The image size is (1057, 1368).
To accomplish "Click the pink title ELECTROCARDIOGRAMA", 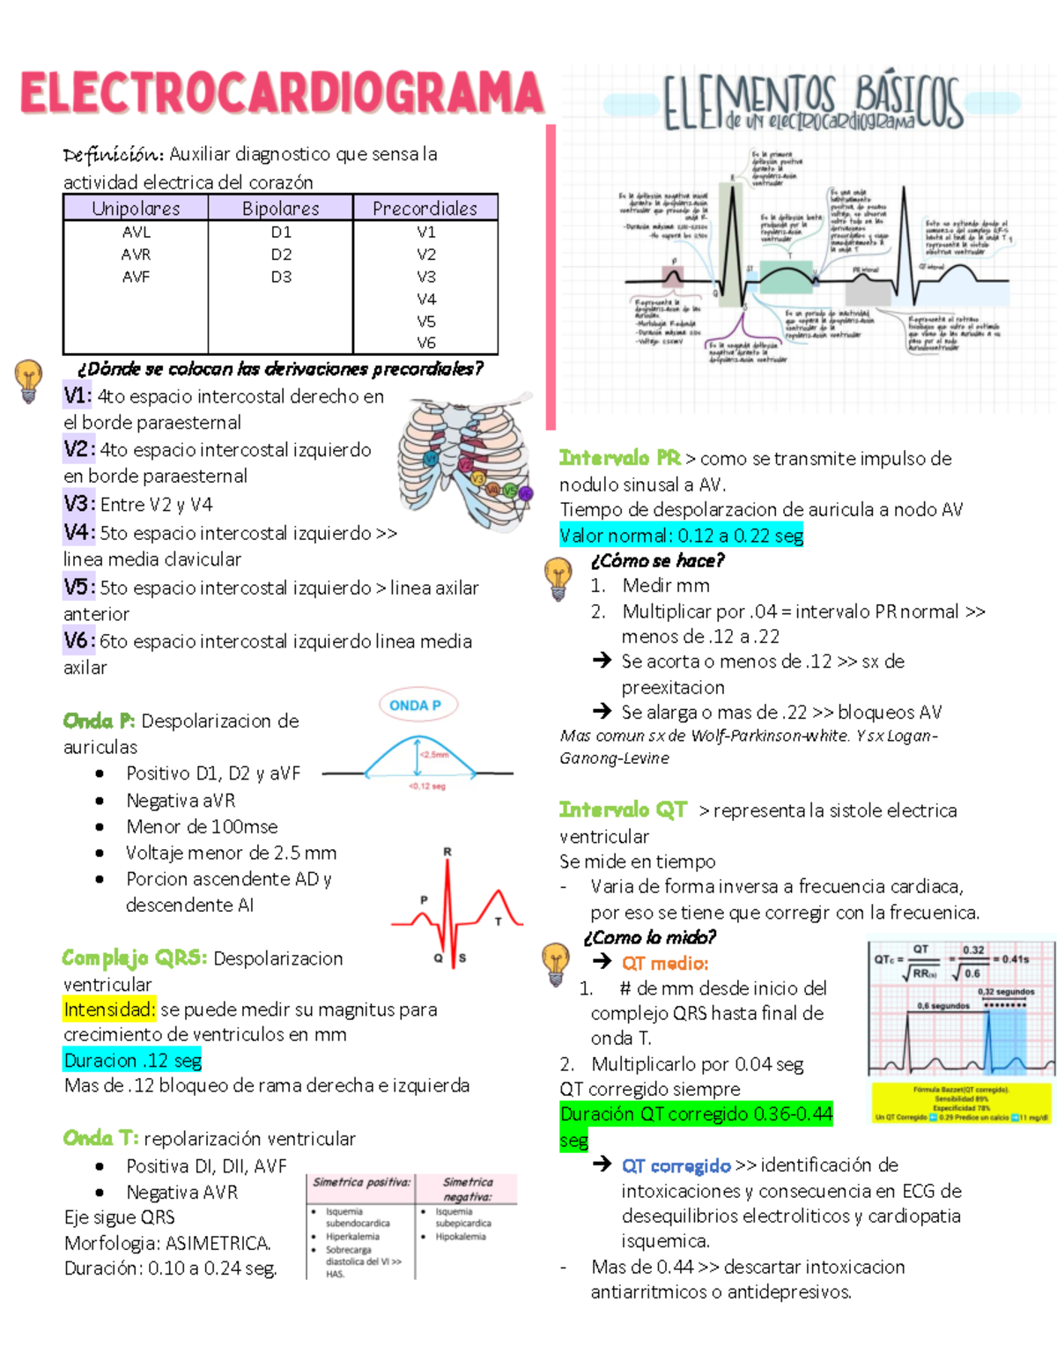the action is tap(282, 93).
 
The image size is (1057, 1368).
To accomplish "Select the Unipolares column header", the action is tap(136, 209).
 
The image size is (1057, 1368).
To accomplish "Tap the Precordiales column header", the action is tap(425, 209).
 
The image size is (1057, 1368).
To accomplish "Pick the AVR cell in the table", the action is tap(136, 255).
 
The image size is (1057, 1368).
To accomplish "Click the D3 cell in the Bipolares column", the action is tap(281, 277).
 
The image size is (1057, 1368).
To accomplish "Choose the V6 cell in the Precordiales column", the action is tap(426, 343).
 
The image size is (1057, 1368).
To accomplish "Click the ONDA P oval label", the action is tap(415, 705).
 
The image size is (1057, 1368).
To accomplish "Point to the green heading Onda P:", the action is tap(99, 721).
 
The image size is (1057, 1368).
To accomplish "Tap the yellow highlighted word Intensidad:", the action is tap(109, 1009).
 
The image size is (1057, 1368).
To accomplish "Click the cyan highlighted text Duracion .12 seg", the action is tap(133, 1061).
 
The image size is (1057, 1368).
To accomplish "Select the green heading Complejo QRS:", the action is tap(135, 958).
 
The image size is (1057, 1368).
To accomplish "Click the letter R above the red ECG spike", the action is tap(447, 852).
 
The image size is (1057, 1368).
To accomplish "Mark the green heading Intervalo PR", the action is tap(619, 458).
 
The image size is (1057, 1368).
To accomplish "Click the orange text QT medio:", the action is tap(665, 964).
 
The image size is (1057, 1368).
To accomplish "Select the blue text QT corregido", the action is tap(676, 1165).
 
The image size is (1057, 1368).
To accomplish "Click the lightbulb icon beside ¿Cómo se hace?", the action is tap(558, 579).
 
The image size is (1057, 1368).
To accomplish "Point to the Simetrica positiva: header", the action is tap(361, 1182).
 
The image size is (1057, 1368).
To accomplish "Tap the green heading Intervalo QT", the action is tap(623, 810).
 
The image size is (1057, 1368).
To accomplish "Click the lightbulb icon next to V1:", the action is tap(29, 381).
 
